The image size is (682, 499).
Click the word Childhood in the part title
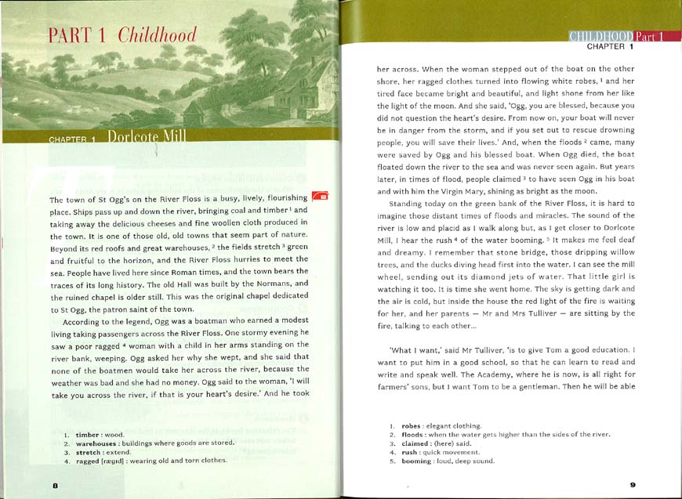[x=157, y=35]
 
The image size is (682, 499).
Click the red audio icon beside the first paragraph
[x=320, y=196]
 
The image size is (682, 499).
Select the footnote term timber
[x=89, y=434]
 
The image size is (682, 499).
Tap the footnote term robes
[x=412, y=425]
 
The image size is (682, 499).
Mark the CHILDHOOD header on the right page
[x=600, y=36]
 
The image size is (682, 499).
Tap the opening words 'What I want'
[x=412, y=349]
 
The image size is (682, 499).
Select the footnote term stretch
[x=89, y=452]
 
